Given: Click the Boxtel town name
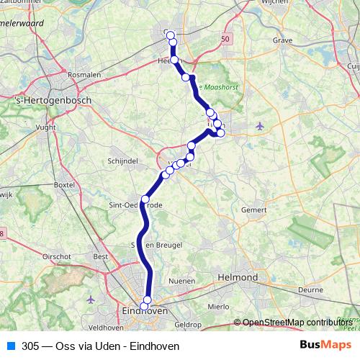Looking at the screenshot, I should coord(64,185).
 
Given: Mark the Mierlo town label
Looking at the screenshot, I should coord(218,306).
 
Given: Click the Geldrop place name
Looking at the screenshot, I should coord(187,325).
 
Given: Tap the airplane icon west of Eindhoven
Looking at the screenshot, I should coord(91,299).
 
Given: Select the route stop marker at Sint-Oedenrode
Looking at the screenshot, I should coord(145,199).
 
